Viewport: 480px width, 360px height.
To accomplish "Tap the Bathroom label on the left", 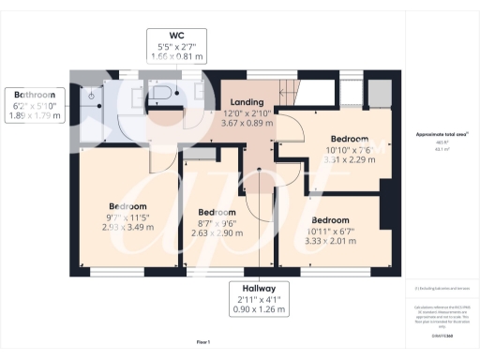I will click(x=33, y=95).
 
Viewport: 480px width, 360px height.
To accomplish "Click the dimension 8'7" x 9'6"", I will click(x=217, y=223).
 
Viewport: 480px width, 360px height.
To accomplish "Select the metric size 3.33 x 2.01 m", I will click(x=332, y=241).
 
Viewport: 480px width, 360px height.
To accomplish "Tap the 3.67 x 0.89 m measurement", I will click(x=246, y=123).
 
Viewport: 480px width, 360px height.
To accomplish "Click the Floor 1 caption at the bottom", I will click(x=203, y=342).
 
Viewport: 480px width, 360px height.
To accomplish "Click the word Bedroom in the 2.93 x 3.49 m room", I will click(x=127, y=206).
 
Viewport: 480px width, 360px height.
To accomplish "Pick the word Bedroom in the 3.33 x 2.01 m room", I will click(x=332, y=219).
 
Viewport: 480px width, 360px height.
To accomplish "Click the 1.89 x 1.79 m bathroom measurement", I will click(x=33, y=116).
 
